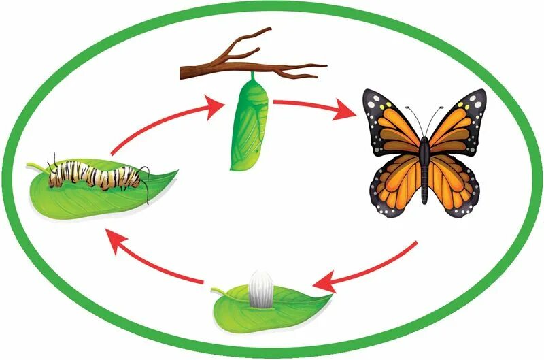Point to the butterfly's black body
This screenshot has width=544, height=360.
(424, 163)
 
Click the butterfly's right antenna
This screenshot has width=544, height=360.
(435, 119)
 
